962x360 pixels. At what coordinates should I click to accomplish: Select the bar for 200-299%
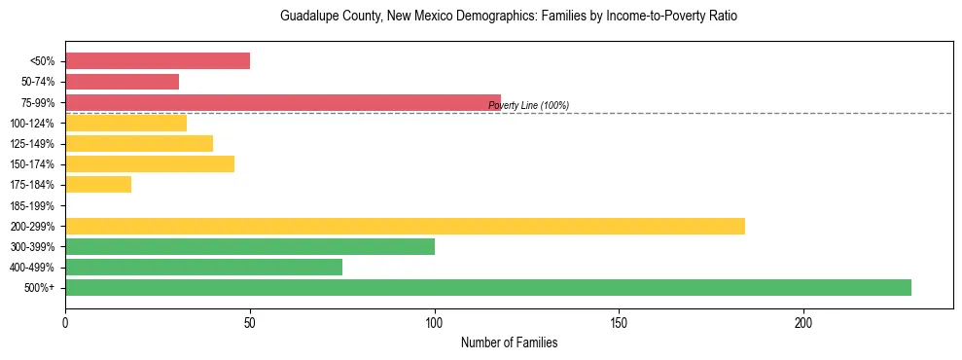coord(405,226)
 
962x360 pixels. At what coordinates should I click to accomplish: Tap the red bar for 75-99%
coord(283,102)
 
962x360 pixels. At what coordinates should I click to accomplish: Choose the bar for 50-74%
coord(122,82)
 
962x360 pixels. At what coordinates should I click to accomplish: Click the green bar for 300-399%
coord(250,246)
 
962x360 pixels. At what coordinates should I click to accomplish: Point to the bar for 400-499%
coord(203,267)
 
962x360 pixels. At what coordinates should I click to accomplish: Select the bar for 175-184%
coord(98,185)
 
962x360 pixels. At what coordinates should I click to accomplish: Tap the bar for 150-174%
coord(150,163)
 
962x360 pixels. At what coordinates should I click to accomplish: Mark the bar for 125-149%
coord(139,143)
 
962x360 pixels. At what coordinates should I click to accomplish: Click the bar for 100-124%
coord(125,123)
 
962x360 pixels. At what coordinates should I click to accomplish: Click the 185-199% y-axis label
coord(32,205)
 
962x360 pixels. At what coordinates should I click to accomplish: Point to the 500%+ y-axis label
coord(40,288)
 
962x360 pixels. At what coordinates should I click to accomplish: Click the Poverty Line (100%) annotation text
coord(528,105)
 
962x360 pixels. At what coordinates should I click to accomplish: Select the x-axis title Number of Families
coord(509,342)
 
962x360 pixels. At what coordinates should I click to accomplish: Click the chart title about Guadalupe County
coord(509,17)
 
